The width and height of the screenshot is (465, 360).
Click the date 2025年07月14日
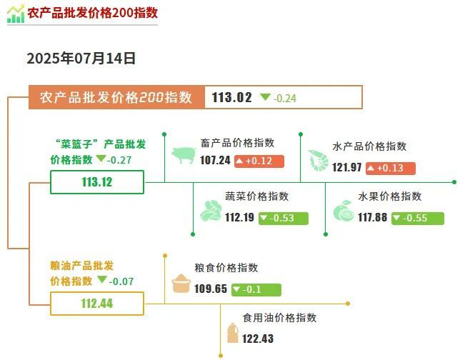pyautogui.click(x=81, y=59)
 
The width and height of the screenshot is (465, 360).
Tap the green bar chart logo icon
pyautogui.click(x=16, y=14)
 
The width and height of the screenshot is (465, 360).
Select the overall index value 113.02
pyautogui.click(x=231, y=97)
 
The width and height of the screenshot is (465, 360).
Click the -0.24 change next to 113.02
pyautogui.click(x=278, y=98)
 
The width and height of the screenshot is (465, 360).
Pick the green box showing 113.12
pyautogui.click(x=97, y=182)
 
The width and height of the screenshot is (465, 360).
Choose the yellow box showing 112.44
pyautogui.click(x=97, y=304)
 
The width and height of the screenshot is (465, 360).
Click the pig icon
pyautogui.click(x=184, y=155)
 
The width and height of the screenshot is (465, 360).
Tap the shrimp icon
pyautogui.click(x=318, y=160)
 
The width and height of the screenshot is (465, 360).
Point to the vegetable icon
pyautogui.click(x=211, y=211)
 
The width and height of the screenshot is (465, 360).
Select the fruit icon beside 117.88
pyautogui.click(x=343, y=211)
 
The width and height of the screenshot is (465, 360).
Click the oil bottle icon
pyautogui.click(x=233, y=333)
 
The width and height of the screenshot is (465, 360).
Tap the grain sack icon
pyautogui.click(x=181, y=283)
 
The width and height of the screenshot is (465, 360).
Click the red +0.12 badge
pyautogui.click(x=259, y=161)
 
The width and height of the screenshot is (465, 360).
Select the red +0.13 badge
pyautogui.click(x=391, y=168)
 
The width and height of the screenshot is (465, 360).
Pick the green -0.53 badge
pyautogui.click(x=284, y=219)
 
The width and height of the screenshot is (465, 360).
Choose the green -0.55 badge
pyautogui.click(x=418, y=219)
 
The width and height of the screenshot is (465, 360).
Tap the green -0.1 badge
pyautogui.click(x=256, y=289)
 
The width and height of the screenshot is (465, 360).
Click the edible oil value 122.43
pyautogui.click(x=258, y=339)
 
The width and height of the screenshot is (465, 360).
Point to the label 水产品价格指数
pyautogui.click(x=369, y=146)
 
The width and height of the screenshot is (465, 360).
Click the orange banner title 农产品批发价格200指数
pyautogui.click(x=116, y=97)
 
